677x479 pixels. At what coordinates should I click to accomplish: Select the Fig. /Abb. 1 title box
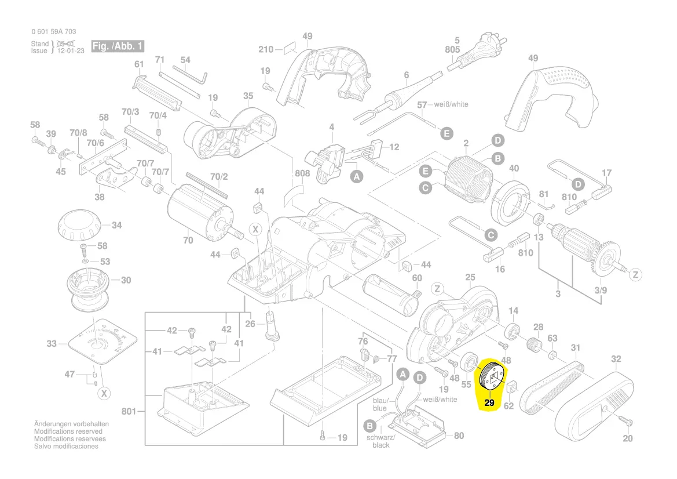click(x=118, y=46)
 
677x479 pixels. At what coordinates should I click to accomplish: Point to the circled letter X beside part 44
click(x=255, y=230)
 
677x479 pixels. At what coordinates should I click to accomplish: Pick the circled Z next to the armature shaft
click(x=635, y=274)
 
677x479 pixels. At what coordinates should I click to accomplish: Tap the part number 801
click(x=129, y=412)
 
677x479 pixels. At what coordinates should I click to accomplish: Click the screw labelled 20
click(x=623, y=419)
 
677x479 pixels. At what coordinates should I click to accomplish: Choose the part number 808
click(x=302, y=173)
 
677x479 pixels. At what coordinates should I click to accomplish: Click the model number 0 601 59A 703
click(x=54, y=31)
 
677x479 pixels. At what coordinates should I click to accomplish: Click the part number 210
click(x=265, y=49)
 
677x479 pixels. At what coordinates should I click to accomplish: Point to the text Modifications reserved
click(x=68, y=431)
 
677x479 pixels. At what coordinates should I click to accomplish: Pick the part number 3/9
click(x=601, y=290)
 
